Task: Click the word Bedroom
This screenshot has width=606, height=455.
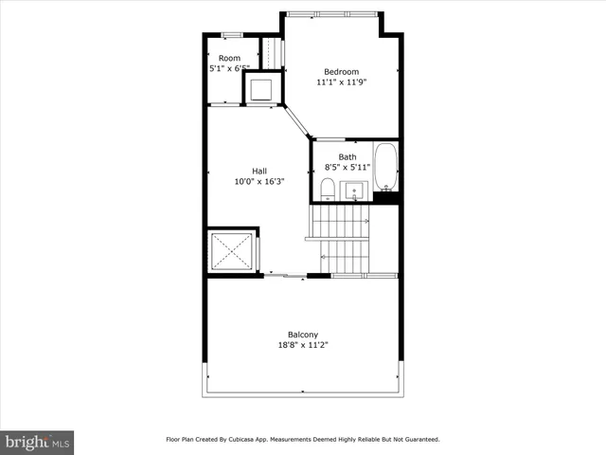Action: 341,72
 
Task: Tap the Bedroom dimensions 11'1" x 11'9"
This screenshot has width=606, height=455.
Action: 341,82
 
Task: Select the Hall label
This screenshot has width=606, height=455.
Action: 258,171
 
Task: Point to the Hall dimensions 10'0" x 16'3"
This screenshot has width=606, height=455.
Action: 258,181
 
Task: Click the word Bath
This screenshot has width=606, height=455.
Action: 348,157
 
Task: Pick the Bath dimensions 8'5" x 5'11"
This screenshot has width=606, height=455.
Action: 348,168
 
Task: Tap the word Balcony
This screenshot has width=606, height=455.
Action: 303,335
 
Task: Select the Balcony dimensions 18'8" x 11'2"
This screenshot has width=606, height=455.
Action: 303,346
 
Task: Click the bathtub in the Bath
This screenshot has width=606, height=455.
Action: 386,168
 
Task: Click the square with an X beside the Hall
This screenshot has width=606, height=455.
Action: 232,251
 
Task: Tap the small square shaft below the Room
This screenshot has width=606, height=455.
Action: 262,89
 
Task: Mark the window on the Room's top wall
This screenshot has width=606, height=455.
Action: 230,35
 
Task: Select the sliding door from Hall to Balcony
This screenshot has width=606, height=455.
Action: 285,276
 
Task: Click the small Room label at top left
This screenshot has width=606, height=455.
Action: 229,59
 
